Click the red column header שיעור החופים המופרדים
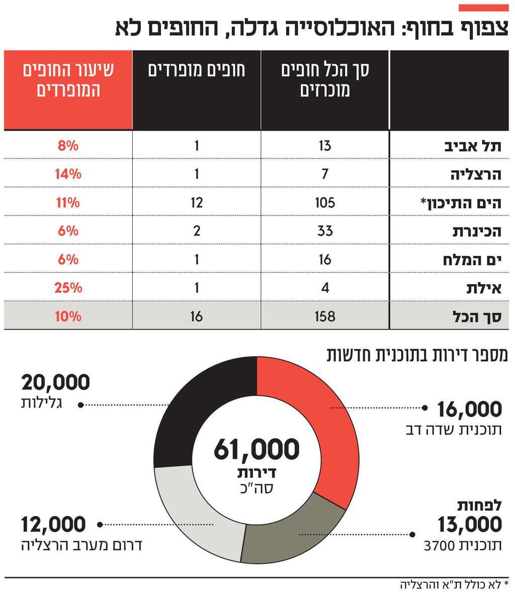[68, 80]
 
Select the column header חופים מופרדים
[197, 70]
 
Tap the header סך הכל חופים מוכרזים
[325, 80]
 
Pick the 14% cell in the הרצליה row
[68, 174]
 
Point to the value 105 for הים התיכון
[325, 203]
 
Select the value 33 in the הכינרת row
[325, 231]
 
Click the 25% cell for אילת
[68, 288]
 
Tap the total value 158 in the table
[325, 316]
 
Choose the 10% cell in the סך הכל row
[68, 316]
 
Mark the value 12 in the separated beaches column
[197, 203]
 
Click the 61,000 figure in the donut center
[256, 449]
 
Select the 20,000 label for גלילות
[55, 383]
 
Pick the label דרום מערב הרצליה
[81, 545]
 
